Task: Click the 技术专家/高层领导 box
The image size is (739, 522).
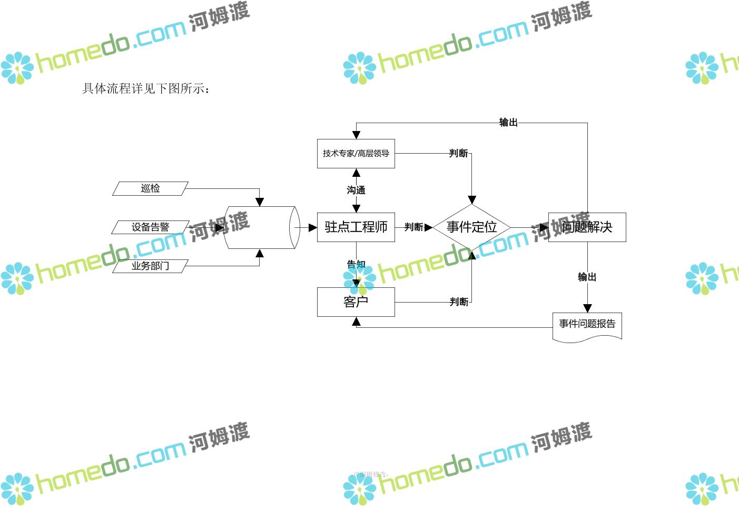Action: pos(356,154)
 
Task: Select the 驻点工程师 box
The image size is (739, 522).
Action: pos(356,227)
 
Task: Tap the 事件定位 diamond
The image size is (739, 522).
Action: pos(471,227)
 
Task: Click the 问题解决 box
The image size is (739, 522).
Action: pos(587,227)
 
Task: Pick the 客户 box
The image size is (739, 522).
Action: pos(356,302)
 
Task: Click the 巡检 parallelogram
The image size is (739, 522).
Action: pos(150,188)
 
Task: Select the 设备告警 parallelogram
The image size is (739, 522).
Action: pos(150,227)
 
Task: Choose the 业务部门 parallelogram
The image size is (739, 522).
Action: pos(150,266)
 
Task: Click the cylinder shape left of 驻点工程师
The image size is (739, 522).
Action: pos(261,227)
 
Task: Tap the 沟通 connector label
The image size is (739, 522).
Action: pos(356,190)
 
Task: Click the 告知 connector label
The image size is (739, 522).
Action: pos(356,264)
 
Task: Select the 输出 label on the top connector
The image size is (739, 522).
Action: pos(508,123)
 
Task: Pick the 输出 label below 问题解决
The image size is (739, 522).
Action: pos(587,277)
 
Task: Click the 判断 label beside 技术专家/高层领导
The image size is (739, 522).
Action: pos(458,153)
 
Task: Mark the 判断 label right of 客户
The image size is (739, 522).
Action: pos(458,302)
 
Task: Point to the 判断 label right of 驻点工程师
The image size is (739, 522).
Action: pos(413,227)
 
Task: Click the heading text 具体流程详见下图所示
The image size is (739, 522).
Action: pos(146,88)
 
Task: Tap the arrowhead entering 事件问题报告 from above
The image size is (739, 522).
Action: pos(587,308)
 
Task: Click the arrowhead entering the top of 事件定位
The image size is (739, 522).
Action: pos(472,200)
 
